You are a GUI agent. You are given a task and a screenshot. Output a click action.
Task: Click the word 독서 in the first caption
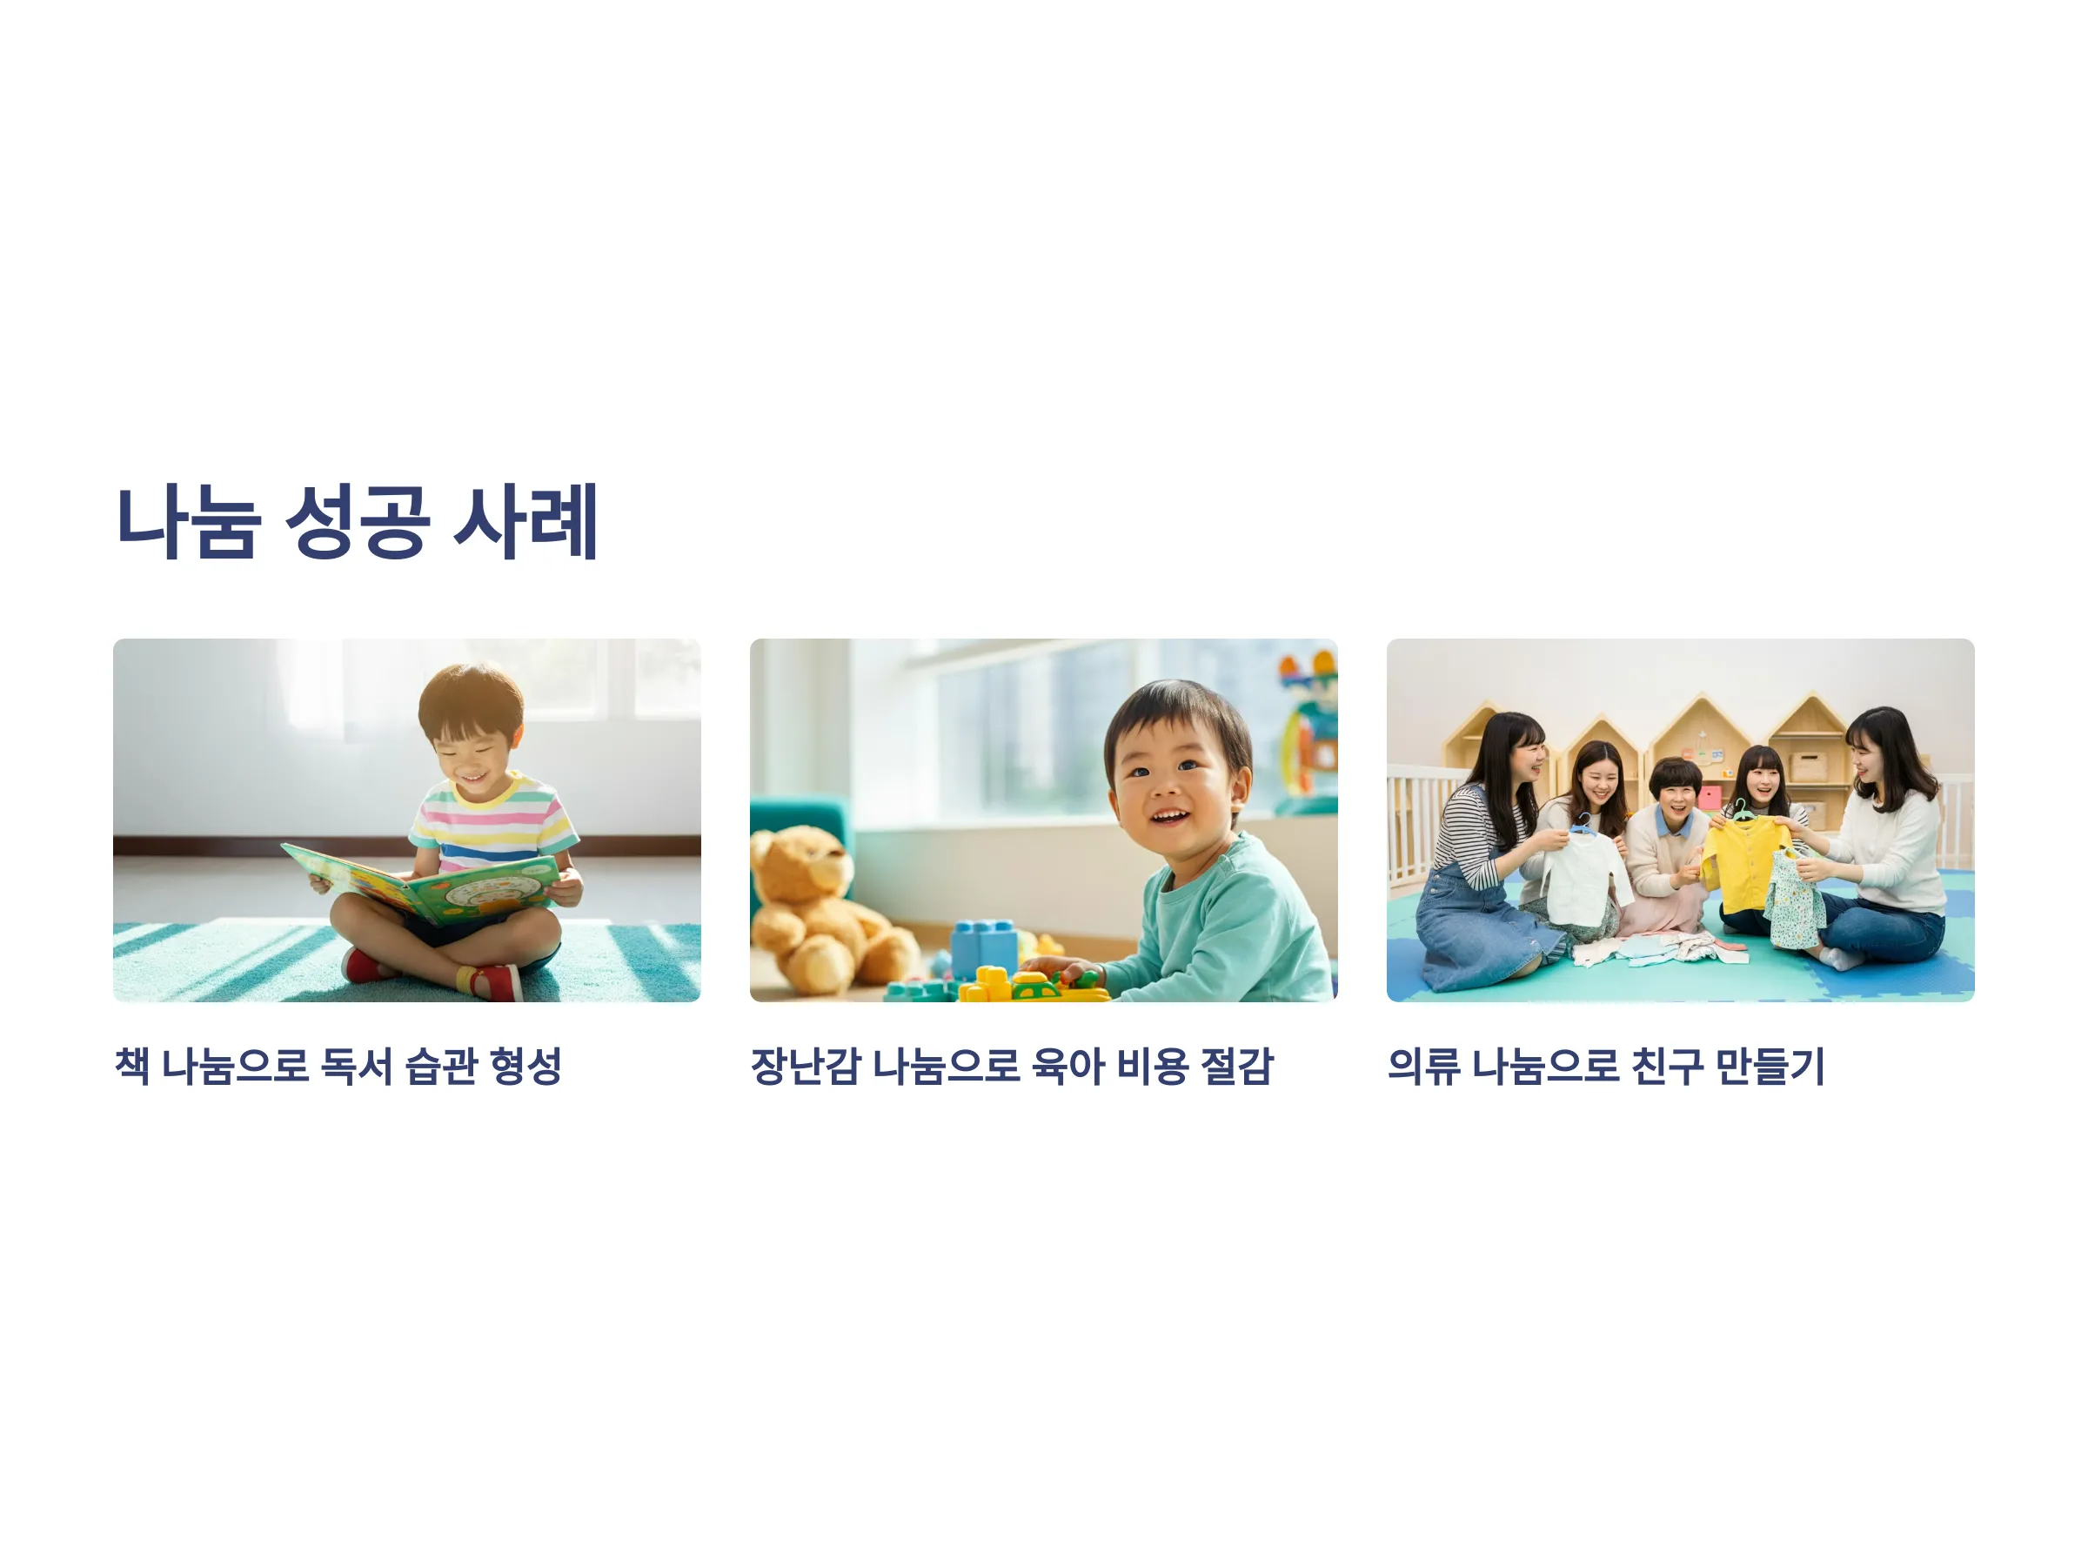(x=356, y=1066)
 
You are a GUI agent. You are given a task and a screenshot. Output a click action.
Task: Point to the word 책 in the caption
(x=132, y=1066)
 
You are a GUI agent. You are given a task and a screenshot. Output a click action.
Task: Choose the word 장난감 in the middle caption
(x=805, y=1066)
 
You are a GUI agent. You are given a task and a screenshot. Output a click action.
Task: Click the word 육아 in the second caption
(x=1067, y=1066)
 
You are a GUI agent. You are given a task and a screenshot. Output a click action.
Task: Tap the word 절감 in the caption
(x=1236, y=1066)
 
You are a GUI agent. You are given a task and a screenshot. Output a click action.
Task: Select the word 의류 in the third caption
(x=1423, y=1066)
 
